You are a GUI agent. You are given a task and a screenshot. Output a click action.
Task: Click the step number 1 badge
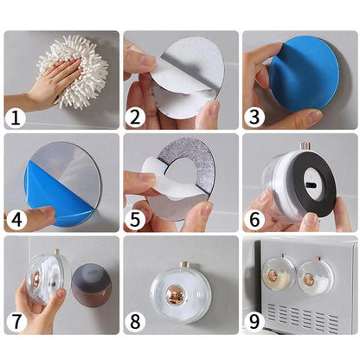tap(16, 118)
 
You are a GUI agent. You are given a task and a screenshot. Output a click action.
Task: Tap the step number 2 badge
tap(135, 118)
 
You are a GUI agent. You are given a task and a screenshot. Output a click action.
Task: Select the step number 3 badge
tap(254, 118)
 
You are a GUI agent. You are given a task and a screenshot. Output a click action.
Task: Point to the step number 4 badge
tap(16, 220)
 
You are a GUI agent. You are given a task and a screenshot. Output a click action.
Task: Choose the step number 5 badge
tap(135, 220)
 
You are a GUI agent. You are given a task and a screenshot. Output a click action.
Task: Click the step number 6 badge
tap(254, 220)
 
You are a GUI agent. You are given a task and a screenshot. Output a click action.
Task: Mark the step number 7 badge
tap(16, 322)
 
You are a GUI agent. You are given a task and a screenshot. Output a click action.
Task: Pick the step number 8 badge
tap(135, 322)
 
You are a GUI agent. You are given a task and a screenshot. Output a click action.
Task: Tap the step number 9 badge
tap(254, 322)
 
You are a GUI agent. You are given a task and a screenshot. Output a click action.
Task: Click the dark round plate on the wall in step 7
tap(92, 281)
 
